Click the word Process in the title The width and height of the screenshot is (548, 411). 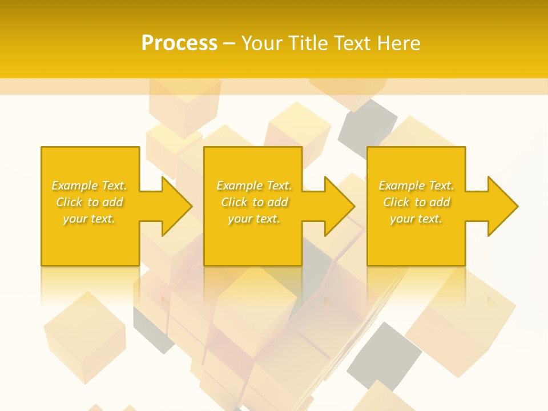point(179,43)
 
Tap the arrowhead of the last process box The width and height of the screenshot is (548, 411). point(502,206)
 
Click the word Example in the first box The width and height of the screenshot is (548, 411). point(75,186)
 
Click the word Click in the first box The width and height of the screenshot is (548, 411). point(69,202)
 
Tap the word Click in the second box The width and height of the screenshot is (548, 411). point(234,202)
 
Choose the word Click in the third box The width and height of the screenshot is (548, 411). point(396,202)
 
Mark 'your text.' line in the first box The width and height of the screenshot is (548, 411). point(89,219)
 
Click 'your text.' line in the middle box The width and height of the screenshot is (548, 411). point(254,219)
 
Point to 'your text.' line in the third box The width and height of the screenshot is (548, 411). point(416,219)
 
